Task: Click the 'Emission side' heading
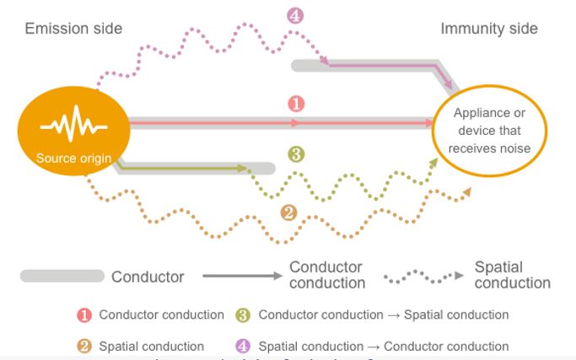pos(73,29)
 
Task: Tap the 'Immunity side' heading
pos(488,29)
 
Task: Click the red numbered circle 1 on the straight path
pos(295,104)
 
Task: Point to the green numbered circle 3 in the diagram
pos(295,154)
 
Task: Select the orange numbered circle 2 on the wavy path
pos(288,212)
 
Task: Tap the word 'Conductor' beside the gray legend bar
pos(148,277)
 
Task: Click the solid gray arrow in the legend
pos(240,276)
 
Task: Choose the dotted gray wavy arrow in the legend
pos(423,276)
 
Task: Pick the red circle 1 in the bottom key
pos(84,315)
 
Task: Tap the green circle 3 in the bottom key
pos(243,315)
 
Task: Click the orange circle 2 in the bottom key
pos(84,346)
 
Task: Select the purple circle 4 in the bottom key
pos(243,346)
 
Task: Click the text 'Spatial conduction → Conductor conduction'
pos(384,346)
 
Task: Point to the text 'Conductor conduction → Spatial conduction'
pos(384,314)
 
